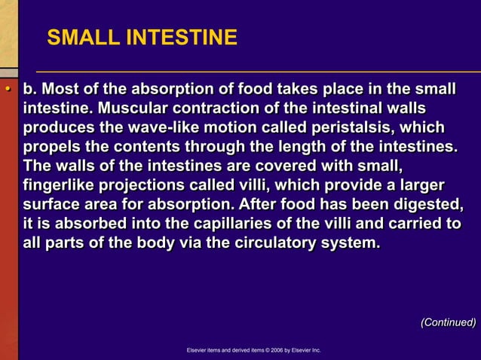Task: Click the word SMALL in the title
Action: click(79, 38)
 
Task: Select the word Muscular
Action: click(127, 108)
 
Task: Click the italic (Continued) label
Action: click(448, 322)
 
